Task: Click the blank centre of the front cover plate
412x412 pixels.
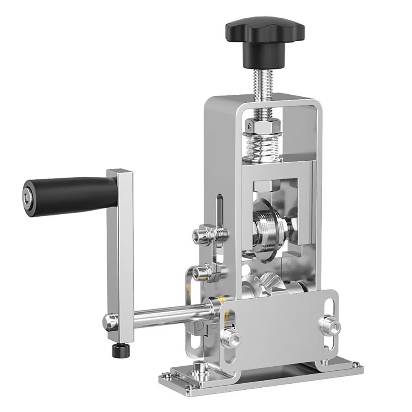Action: pos(280,325)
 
